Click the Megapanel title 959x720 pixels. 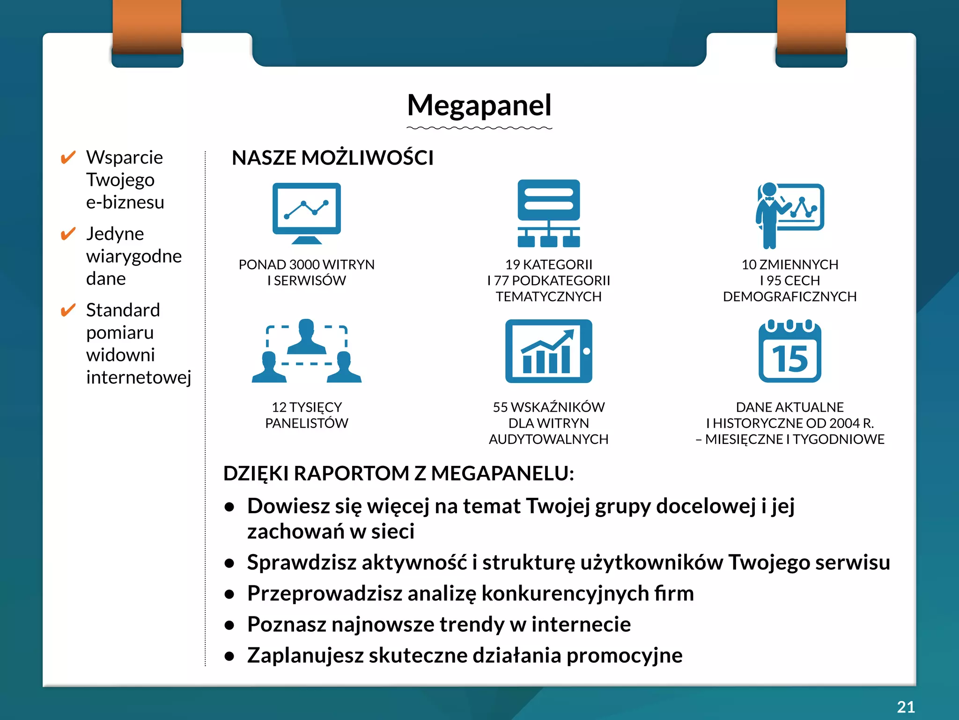(479, 105)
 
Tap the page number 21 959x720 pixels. (906, 706)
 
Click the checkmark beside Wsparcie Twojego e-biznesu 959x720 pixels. (68, 157)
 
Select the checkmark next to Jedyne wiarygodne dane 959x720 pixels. (68, 233)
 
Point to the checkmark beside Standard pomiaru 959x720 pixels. (68, 310)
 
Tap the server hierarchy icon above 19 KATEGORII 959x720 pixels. (548, 213)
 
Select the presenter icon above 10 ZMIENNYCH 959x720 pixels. (789, 215)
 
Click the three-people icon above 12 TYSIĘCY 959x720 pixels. (307, 351)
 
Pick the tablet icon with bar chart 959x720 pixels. (548, 351)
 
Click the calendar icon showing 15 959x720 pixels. (789, 351)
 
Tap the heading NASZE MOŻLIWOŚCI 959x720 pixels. (332, 158)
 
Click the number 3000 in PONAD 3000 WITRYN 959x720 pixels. (305, 265)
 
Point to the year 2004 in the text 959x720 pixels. (844, 423)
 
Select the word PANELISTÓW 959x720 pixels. (307, 423)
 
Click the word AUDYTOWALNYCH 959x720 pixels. (548, 439)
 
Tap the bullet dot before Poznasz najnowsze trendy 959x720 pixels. (229, 625)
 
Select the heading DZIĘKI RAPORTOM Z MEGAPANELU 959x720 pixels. (398, 473)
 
